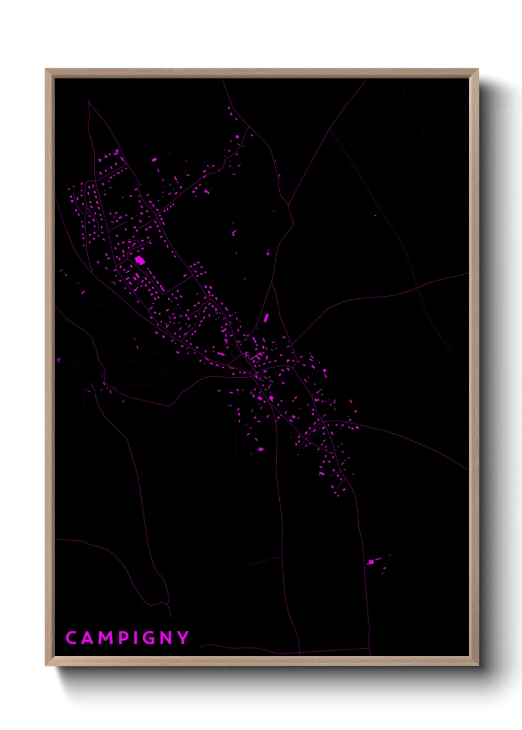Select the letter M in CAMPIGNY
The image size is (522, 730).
pyautogui.click(x=107, y=638)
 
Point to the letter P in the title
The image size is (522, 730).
pyautogui.click(x=124, y=638)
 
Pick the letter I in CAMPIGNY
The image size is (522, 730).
pyautogui.click(x=136, y=638)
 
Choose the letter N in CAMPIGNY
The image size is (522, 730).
pyautogui.click(x=167, y=638)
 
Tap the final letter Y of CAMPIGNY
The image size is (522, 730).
pyautogui.click(x=184, y=638)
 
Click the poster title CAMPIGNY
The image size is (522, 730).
pyautogui.click(x=127, y=638)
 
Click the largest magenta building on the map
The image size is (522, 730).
pyautogui.click(x=140, y=260)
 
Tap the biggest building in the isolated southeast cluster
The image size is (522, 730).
pyautogui.click(x=371, y=562)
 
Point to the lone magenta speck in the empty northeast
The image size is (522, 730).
pyautogui.click(x=375, y=216)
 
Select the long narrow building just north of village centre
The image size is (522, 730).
pyautogui.click(x=266, y=318)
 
